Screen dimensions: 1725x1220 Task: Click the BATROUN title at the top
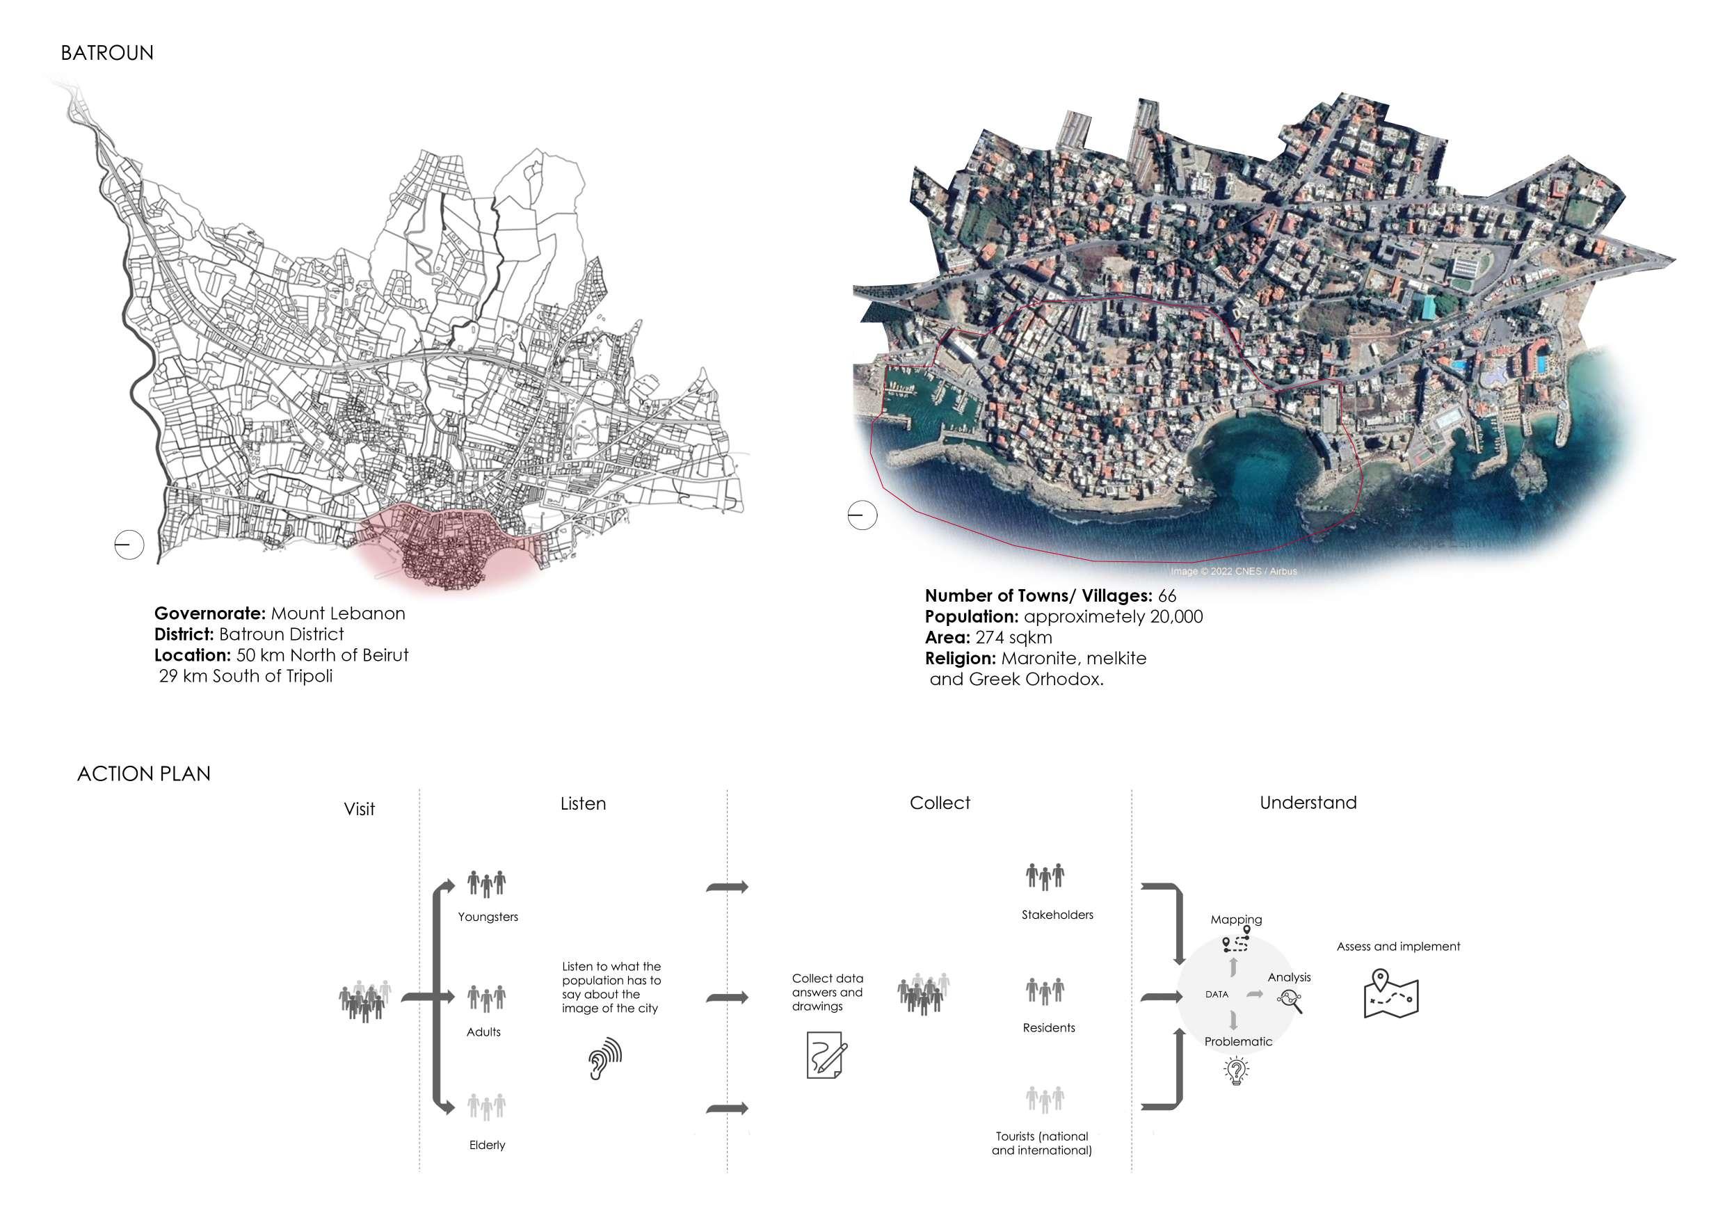click(106, 54)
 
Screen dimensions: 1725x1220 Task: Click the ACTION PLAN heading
click(143, 773)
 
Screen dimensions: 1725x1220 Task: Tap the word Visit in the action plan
click(359, 809)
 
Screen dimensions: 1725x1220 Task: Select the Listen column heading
click(583, 804)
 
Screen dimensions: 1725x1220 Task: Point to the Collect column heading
click(939, 803)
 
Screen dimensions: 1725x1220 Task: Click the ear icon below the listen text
click(605, 1059)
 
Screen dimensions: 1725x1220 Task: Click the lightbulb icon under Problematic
click(1236, 1070)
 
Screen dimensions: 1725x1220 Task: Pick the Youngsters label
click(488, 917)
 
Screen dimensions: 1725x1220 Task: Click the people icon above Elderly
click(487, 1106)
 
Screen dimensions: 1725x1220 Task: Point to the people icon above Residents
click(1045, 991)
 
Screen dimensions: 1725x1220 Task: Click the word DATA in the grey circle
click(1217, 994)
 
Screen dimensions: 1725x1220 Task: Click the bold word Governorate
click(209, 613)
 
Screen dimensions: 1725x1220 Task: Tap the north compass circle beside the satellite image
click(862, 515)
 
